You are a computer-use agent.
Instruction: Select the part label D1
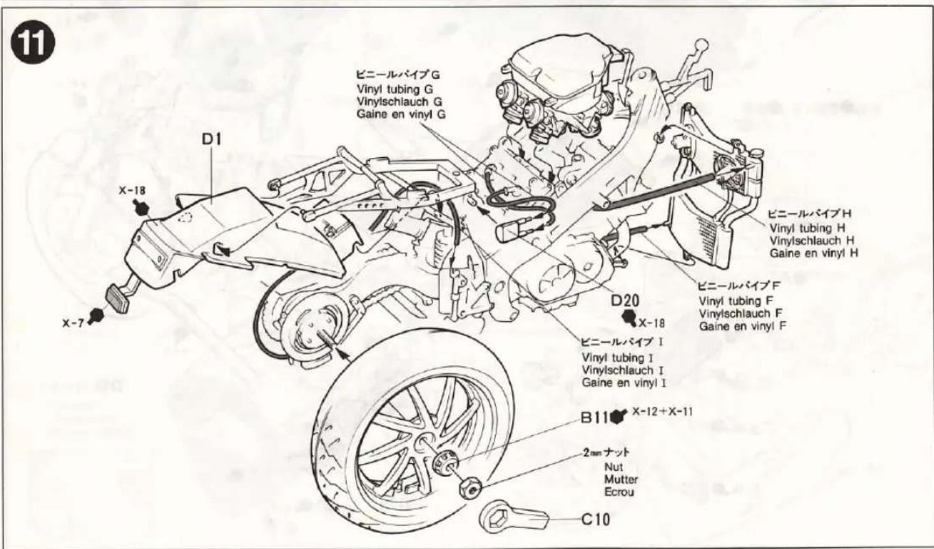coord(211,139)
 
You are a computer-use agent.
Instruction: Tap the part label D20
coord(625,301)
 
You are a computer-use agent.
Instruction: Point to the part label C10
coord(595,519)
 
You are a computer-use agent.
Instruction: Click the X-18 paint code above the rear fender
coord(131,190)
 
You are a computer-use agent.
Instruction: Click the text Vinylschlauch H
coord(812,240)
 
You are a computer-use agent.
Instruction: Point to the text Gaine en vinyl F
coord(742,325)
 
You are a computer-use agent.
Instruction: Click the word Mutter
coord(620,480)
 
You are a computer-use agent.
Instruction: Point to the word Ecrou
coord(619,492)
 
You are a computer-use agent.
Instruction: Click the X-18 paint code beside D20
coord(652,322)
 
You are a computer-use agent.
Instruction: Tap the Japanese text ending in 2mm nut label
coord(606,453)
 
